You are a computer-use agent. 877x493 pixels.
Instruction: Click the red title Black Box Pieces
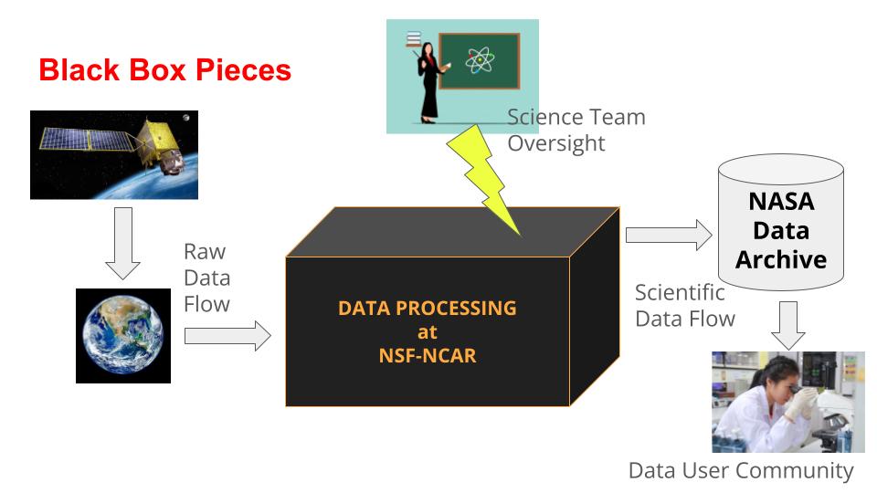(x=164, y=70)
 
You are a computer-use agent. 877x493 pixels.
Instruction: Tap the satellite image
(x=114, y=154)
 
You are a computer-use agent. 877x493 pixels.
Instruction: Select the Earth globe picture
(x=123, y=335)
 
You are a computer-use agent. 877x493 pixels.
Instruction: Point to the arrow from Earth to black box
(x=227, y=336)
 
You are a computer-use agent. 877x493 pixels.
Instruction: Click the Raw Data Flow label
(x=206, y=278)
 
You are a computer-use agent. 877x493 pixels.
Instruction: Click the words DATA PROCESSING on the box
(x=428, y=309)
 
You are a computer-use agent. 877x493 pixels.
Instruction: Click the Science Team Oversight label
(x=576, y=131)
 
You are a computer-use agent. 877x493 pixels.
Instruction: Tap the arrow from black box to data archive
(x=668, y=235)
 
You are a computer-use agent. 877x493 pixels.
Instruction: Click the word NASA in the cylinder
(x=780, y=202)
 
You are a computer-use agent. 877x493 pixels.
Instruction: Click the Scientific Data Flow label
(x=685, y=305)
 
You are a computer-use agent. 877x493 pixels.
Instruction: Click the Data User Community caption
(x=741, y=471)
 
